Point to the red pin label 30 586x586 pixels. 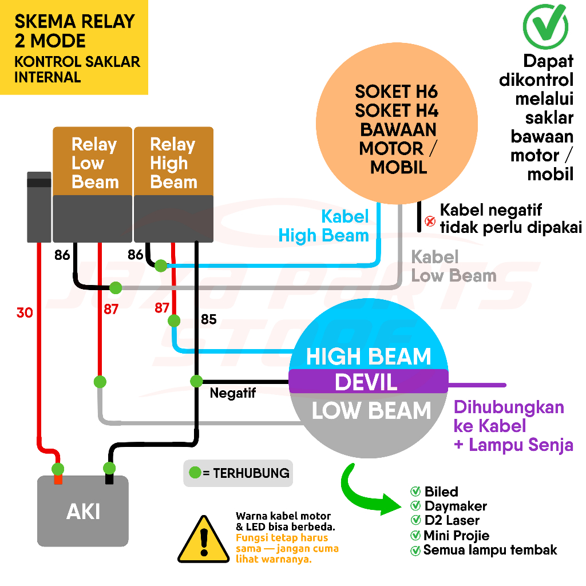point(25,313)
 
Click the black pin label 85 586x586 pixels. point(209,319)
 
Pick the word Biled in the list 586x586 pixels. point(441,492)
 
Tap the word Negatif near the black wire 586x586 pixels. point(232,394)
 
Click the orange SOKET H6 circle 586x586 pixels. point(397,129)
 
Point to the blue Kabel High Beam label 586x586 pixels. point(324,225)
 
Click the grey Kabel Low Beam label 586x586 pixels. point(453,266)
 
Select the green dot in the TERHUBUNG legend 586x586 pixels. point(195,473)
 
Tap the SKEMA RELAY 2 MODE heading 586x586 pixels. point(74,31)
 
